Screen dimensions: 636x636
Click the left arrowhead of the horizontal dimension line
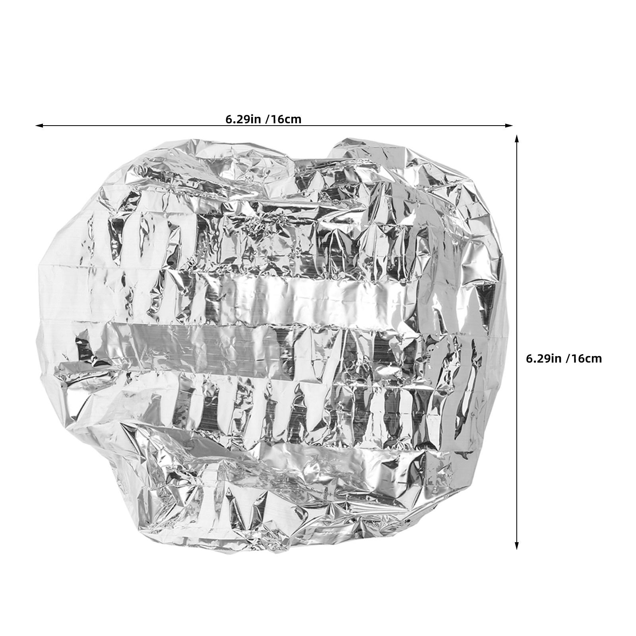click(39, 126)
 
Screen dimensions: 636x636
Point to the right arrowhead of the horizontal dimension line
click(509, 126)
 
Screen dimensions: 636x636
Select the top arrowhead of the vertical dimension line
click(517, 138)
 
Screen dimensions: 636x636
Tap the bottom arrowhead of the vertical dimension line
click(517, 546)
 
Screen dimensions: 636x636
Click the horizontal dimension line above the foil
click(274, 126)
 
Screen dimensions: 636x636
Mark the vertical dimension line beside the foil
click(517, 342)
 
